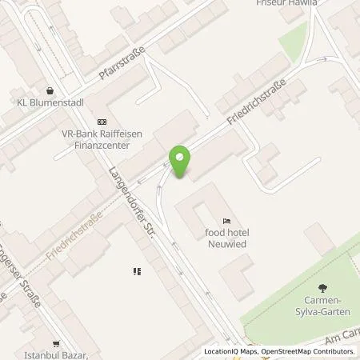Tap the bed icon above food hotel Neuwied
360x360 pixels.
(x=227, y=221)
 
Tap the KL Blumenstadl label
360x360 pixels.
(x=50, y=102)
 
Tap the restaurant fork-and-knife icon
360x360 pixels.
(x=137, y=271)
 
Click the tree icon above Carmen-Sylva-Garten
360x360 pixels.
(x=322, y=288)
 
